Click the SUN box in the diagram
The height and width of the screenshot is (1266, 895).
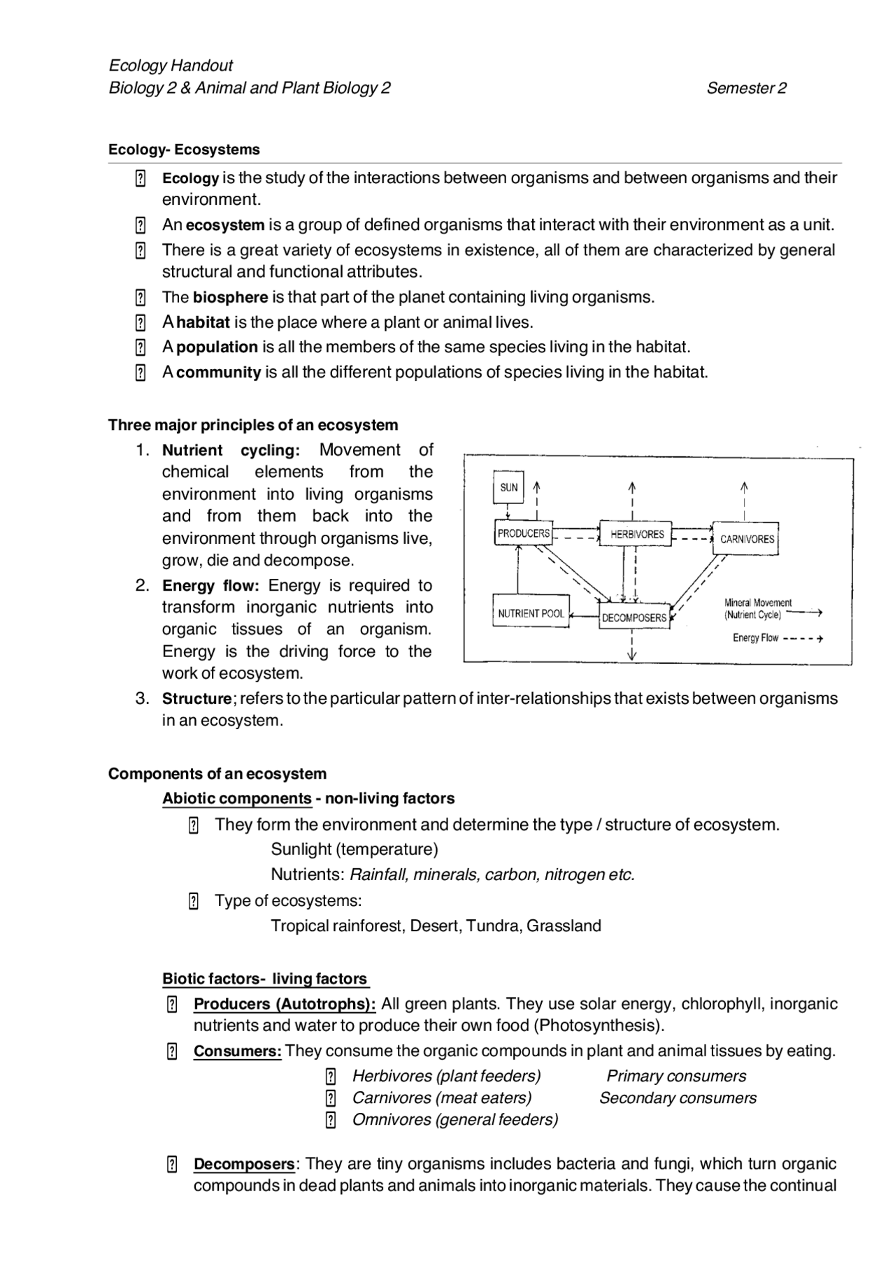[509, 487]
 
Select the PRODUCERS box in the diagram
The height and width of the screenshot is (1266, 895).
[524, 533]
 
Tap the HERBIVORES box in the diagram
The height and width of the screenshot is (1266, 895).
[636, 535]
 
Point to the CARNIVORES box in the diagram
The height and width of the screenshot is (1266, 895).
[747, 539]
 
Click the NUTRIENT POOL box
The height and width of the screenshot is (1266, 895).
[531, 613]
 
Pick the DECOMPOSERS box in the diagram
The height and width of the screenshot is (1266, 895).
[634, 618]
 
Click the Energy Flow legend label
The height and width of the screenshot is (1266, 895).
[755, 638]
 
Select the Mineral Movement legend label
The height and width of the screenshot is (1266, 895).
[758, 603]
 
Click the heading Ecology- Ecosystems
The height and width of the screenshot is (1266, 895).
[184, 150]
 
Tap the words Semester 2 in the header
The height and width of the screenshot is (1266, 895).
[746, 88]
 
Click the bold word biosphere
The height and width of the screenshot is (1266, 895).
[230, 297]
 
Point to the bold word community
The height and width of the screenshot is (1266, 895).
[218, 372]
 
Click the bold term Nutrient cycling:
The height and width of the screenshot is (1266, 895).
[231, 450]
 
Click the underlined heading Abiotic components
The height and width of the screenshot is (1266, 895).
[237, 798]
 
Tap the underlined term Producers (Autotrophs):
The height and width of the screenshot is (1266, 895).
[285, 1004]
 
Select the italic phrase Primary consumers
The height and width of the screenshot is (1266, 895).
[676, 1076]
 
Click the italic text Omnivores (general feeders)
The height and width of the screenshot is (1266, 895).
[455, 1119]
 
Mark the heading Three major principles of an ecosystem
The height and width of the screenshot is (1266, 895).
[253, 425]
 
